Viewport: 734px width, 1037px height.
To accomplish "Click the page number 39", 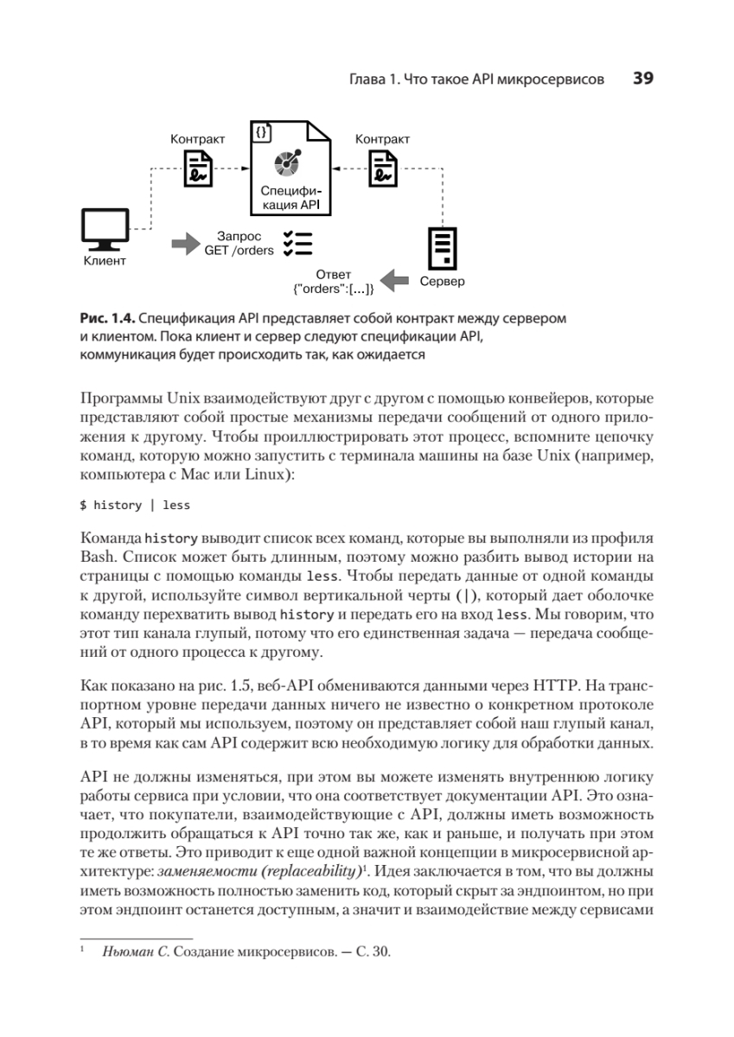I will coord(642,79).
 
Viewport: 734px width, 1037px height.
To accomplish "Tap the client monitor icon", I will coord(105,229).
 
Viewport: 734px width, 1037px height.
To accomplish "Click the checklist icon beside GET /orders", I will coord(297,244).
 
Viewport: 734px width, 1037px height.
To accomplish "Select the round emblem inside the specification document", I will coord(286,162).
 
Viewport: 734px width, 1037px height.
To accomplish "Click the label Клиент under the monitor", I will coord(105,261).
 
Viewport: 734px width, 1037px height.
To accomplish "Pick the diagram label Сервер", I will coord(442,282).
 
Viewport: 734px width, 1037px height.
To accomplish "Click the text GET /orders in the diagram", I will coord(239,251).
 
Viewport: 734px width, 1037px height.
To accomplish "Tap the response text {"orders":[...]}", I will coord(334,289).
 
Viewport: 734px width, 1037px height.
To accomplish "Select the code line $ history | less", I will coord(135,505).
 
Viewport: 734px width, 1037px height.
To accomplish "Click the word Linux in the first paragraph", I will coord(262,474).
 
